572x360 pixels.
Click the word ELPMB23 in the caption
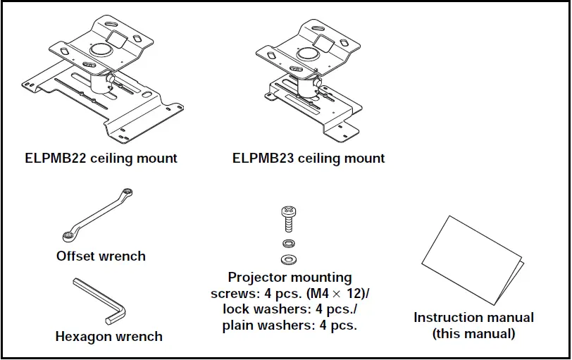(x=263, y=159)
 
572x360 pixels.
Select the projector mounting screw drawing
(x=287, y=218)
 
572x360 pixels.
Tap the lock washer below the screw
(x=287, y=244)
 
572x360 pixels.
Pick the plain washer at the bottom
(x=287, y=259)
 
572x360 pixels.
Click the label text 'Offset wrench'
(x=101, y=256)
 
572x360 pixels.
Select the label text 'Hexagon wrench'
(x=108, y=337)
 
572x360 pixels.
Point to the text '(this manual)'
(x=473, y=333)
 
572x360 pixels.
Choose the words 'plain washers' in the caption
(x=258, y=326)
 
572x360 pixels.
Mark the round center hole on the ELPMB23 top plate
(x=308, y=54)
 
